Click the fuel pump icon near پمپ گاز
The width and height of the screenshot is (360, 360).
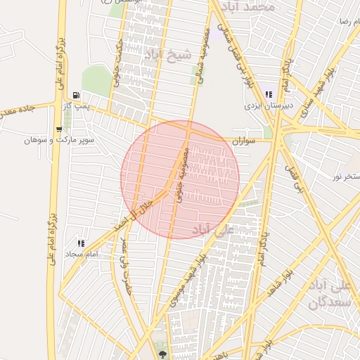75,96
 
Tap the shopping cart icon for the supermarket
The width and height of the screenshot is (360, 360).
59,129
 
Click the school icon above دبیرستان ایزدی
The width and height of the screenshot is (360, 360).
268,95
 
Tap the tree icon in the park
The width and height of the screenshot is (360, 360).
163,354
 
